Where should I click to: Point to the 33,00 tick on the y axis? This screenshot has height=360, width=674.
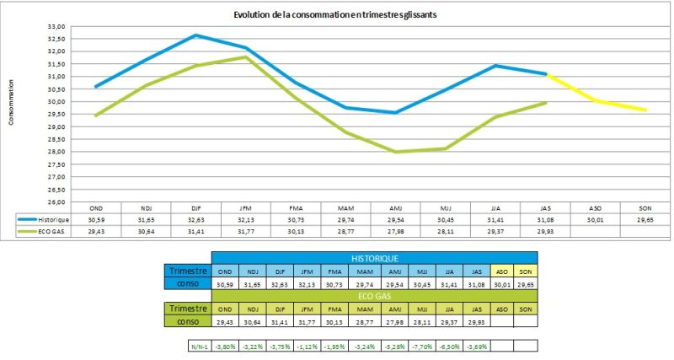point(55,27)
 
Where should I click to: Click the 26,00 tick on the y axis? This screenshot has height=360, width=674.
point(55,202)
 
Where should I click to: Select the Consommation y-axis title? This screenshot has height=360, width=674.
point(11,102)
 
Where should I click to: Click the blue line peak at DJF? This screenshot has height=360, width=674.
point(195,35)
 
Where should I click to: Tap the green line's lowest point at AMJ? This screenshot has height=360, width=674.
point(395,152)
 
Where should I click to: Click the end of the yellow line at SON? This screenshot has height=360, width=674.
point(645,110)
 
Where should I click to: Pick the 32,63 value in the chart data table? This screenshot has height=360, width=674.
point(195,218)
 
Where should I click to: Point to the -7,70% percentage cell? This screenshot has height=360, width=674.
point(425,346)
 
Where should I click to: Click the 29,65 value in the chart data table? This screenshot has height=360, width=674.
point(645,218)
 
